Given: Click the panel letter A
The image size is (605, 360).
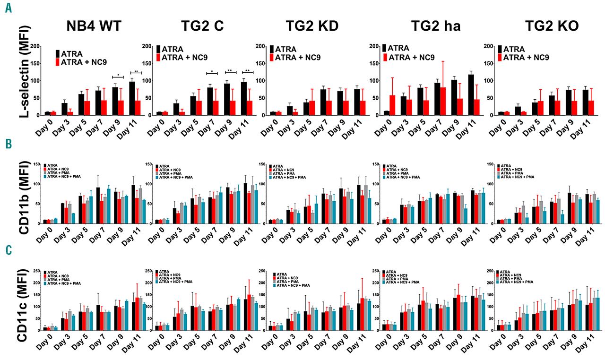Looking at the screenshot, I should click(9, 9).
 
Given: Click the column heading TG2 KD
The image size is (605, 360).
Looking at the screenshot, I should click(312, 26).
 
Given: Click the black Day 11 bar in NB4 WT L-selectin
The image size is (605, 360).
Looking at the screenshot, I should click(132, 98).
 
